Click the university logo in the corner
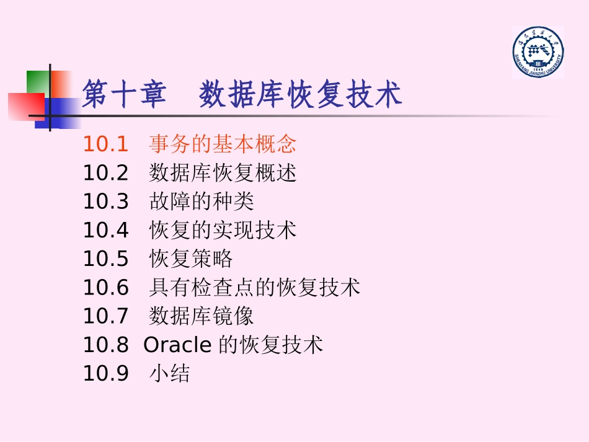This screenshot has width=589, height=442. tap(538, 52)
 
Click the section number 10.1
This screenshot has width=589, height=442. tap(105, 144)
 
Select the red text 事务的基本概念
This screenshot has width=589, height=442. tap(223, 144)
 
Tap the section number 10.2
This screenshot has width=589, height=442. tap(105, 173)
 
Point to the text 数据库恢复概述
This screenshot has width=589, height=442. tap(223, 173)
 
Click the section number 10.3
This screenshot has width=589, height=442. tap(105, 201)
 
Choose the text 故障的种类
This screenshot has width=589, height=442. tap(201, 201)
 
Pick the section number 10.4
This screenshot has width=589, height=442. tap(105, 230)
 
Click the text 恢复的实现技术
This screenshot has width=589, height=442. tap(223, 230)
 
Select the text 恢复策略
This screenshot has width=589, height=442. tap(191, 259)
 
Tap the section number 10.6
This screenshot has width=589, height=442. tap(105, 287)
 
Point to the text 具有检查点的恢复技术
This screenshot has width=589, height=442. tap(254, 287)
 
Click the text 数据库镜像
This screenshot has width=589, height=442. tap(201, 316)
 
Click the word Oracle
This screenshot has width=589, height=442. tap(177, 345)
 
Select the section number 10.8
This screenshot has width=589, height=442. tap(105, 345)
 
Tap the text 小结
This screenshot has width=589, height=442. tap(169, 373)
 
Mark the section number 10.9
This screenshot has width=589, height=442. tap(105, 373)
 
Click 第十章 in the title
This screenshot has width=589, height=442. tap(124, 95)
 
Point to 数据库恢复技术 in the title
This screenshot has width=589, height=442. tap(301, 95)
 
